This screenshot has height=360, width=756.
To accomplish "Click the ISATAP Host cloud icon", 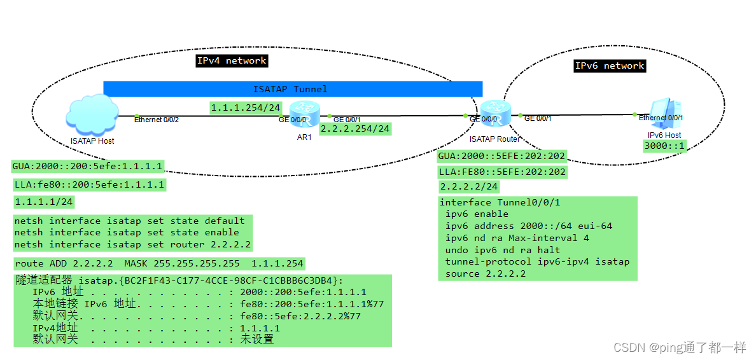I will tap(92, 114).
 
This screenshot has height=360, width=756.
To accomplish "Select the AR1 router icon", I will tap(299, 114).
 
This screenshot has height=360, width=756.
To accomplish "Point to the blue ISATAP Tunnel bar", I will tap(292, 89).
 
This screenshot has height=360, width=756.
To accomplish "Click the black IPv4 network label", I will tap(232, 60).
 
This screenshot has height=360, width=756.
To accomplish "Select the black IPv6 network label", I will tap(610, 66).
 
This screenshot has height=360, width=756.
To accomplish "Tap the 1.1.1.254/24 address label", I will tap(246, 108).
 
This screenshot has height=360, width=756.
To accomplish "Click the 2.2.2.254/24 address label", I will tap(355, 128).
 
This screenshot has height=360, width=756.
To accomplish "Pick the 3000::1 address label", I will tap(665, 146).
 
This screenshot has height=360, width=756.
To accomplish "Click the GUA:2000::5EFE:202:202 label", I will tap(502, 156).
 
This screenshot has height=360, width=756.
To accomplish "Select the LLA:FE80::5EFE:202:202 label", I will tap(502, 172).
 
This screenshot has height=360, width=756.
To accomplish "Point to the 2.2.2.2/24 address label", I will tap(469, 186).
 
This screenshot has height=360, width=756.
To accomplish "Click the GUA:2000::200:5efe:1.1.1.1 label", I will tap(88, 167).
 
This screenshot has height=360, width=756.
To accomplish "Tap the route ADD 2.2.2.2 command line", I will tap(159, 263).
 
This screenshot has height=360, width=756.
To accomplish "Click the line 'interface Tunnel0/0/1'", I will tap(500, 202).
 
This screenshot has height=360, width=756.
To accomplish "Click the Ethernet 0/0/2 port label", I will tap(156, 120).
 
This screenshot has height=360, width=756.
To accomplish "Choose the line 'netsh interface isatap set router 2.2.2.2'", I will tap(132, 244).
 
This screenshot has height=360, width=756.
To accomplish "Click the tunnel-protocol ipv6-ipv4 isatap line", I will tap(537, 261).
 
